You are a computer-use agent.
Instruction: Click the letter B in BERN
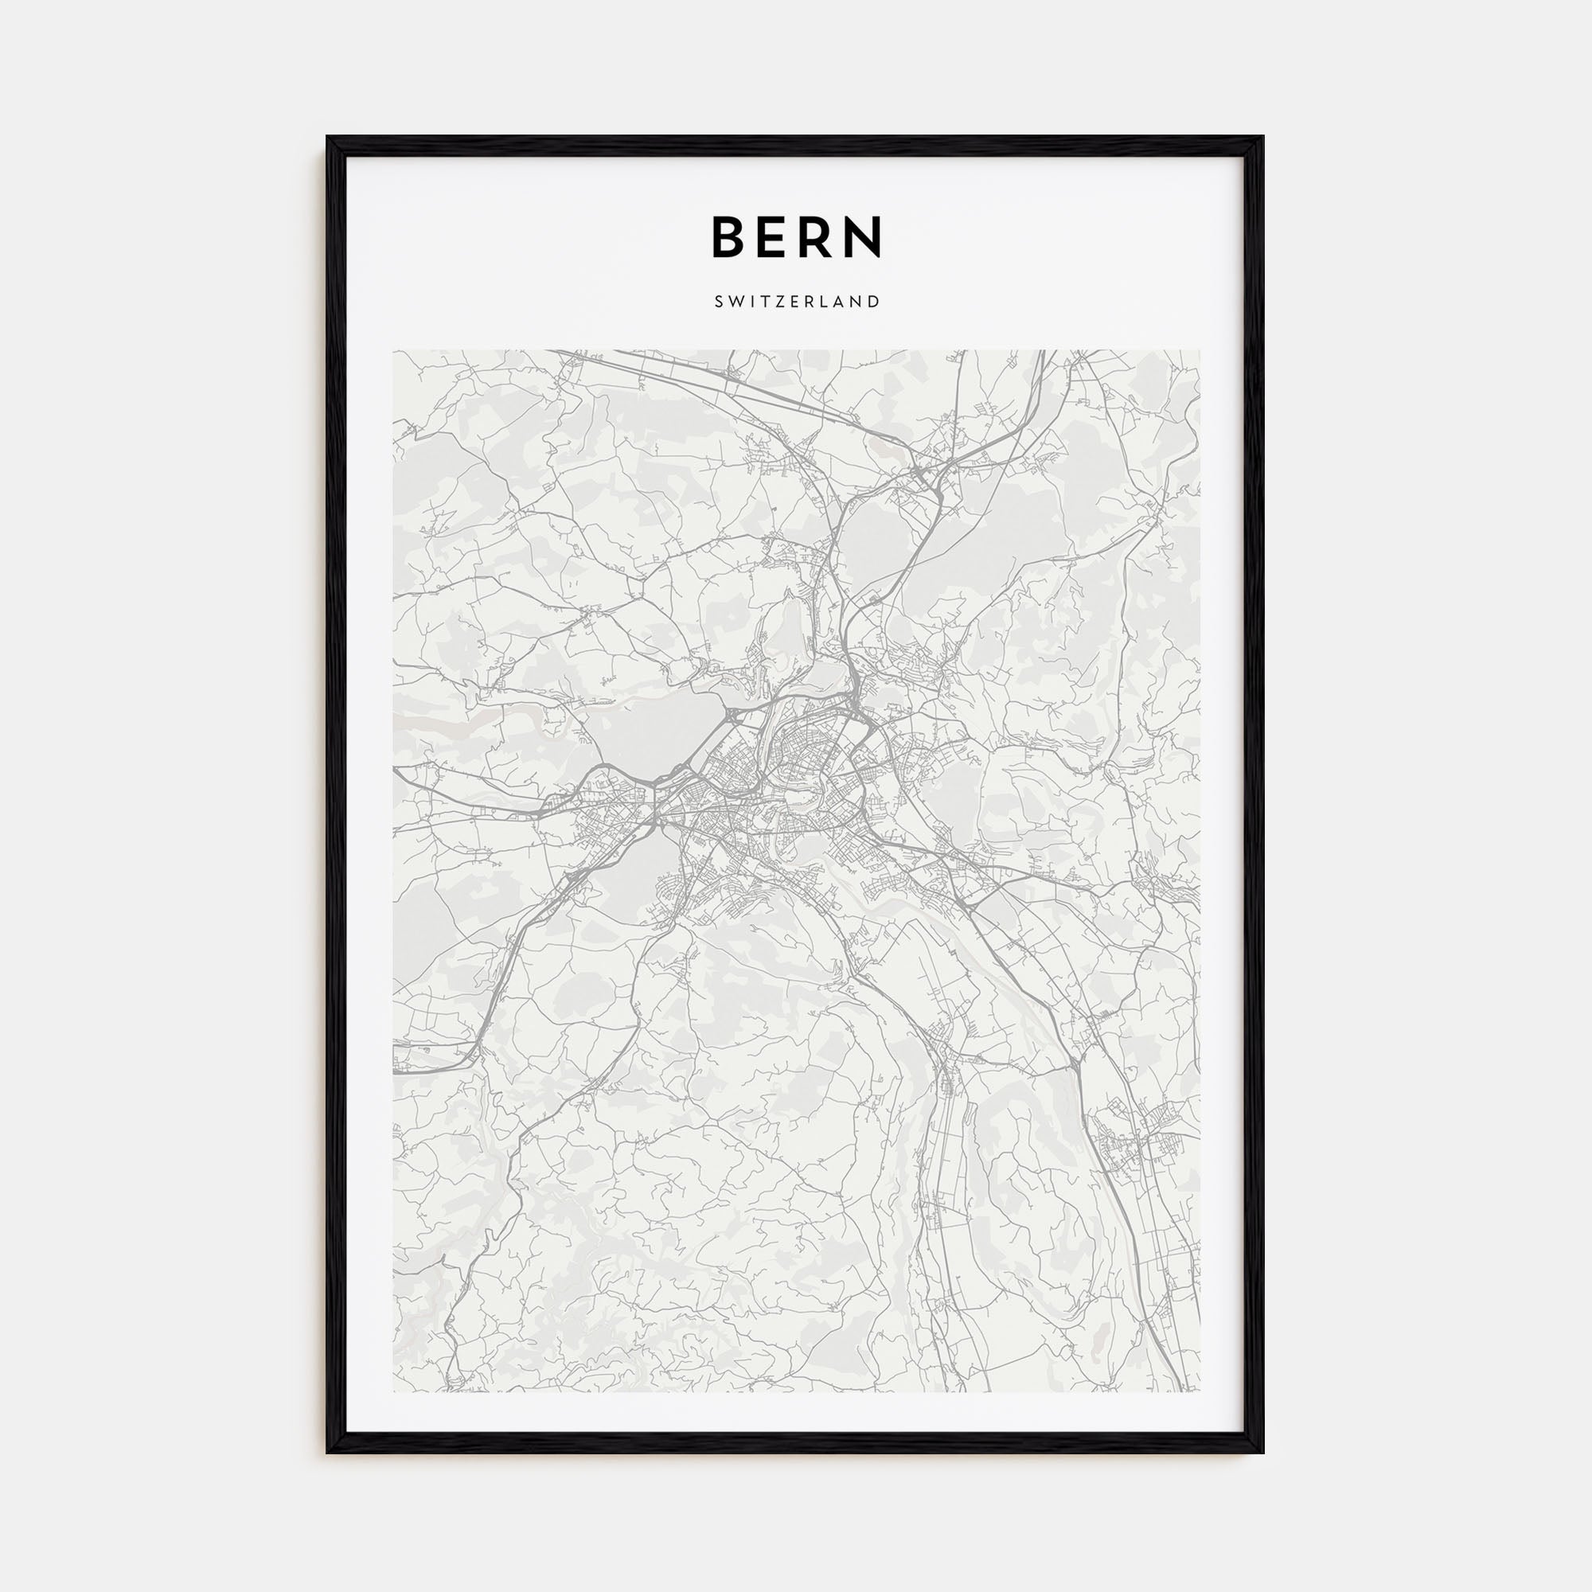click(x=729, y=236)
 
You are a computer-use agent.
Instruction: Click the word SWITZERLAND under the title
click(x=797, y=302)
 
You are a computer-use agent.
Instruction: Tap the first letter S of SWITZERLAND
click(x=720, y=302)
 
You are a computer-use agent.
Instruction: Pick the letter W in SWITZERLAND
click(x=734, y=302)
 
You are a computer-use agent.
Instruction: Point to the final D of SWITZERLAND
click(x=874, y=302)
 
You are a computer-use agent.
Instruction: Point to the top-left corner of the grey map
click(x=394, y=351)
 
